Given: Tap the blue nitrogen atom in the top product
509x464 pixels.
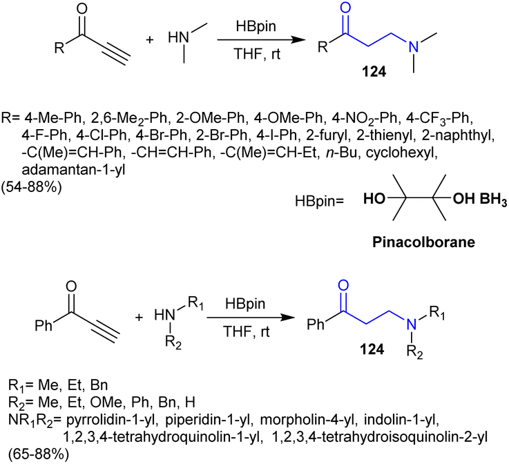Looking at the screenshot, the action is pos(413,48).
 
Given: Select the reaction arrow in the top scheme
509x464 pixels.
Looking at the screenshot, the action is pos(261,40).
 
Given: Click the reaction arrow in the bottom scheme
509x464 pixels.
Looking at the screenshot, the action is pos(251,318).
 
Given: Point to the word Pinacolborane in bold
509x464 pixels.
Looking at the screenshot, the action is pos(423,242).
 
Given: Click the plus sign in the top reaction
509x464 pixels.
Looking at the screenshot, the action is pos(149,39).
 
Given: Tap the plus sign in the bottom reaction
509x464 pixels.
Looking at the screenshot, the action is pos(139,317).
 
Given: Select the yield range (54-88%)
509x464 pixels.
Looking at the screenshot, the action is pos(32,187).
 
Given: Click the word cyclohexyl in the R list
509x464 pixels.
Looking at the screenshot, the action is pos(401,153).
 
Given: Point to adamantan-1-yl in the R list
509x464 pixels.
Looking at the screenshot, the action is pos(73,170).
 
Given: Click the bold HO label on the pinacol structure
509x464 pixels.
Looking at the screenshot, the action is pos(374,198).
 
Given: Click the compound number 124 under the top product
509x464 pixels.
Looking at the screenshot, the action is pos(374,72).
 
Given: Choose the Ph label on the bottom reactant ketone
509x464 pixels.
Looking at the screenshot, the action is pos(44,325).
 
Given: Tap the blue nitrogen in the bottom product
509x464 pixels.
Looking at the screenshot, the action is pos(411,325).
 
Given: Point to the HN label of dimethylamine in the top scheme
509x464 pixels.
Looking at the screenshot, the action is pos(178,38).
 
